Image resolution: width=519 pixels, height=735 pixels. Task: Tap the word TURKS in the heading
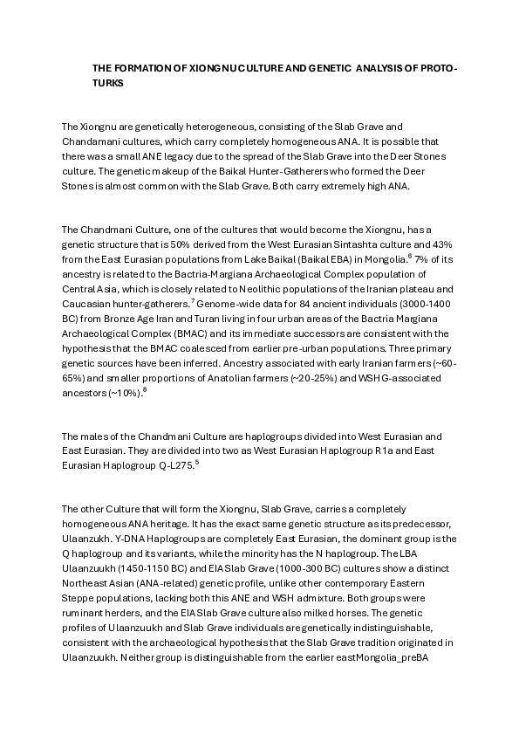coord(109,83)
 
